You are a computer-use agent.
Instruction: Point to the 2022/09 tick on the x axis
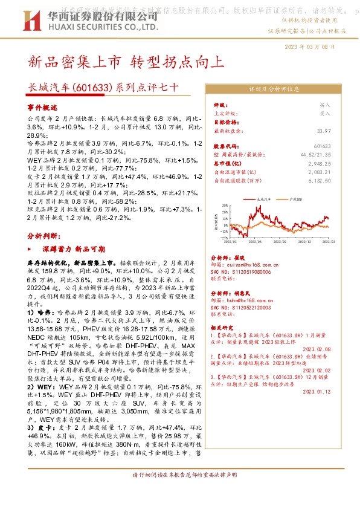[x=280, y=242]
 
